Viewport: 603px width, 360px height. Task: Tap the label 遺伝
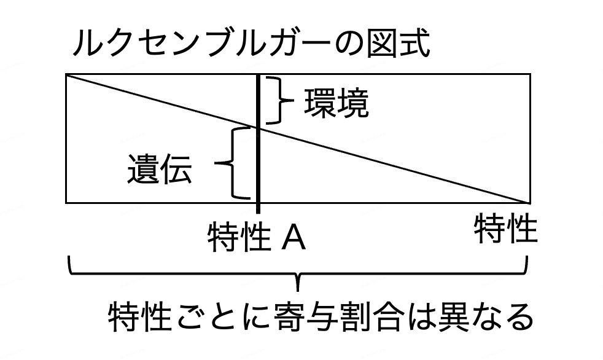click(160, 169)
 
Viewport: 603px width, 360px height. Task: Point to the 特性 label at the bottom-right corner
click(505, 229)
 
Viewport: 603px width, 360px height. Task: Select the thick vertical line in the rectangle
click(259, 160)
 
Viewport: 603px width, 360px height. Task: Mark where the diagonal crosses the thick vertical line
click(259, 128)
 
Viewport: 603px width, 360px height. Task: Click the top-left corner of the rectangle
click(66, 75)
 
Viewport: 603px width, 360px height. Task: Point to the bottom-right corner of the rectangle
click(529, 202)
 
